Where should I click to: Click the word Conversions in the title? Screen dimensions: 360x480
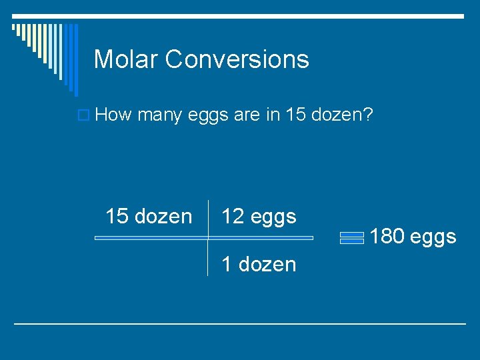tap(237, 59)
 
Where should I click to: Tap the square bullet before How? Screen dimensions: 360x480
tap(84, 116)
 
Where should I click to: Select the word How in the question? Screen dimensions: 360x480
tap(114, 115)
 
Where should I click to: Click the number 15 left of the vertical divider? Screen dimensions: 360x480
tap(117, 217)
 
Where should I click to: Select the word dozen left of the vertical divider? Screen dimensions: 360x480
tap(163, 217)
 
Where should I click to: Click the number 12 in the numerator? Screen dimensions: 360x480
tap(232, 217)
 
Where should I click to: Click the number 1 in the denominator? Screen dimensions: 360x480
tap(226, 265)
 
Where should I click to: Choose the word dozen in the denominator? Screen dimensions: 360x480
tap(267, 265)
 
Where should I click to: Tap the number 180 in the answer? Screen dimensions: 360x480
tap(387, 236)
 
